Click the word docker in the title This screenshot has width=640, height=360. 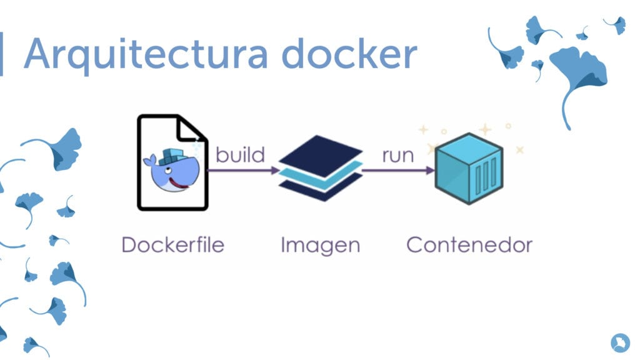[x=349, y=53]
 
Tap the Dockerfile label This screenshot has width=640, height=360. [x=173, y=245]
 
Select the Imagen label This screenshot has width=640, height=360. [x=321, y=246]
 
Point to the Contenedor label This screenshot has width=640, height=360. [x=469, y=245]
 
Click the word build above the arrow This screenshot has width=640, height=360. [x=241, y=155]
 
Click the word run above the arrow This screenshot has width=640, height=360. [x=398, y=156]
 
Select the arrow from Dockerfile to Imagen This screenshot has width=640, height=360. [x=244, y=170]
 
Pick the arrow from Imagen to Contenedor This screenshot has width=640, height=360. [x=398, y=170]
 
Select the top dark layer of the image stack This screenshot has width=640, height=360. [x=321, y=156]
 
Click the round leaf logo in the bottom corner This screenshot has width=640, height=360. [x=621, y=342]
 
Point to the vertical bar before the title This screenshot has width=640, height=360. [x=1, y=54]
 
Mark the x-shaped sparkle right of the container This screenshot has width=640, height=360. [x=519, y=150]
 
